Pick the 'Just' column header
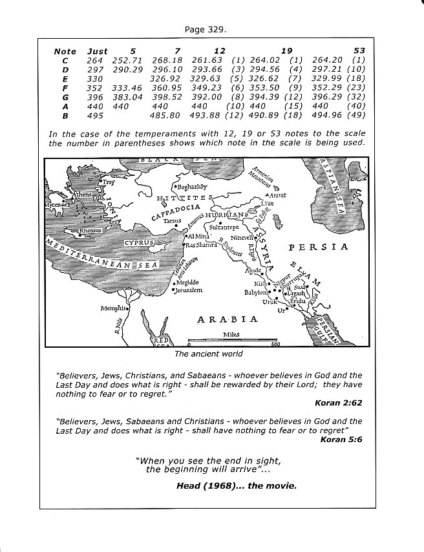[x=97, y=51]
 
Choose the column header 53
[x=360, y=51]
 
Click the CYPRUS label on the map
[x=138, y=242]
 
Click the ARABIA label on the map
[x=228, y=319]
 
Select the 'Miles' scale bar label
[x=231, y=334]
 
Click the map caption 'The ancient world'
[x=209, y=354]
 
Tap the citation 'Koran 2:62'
[x=339, y=403]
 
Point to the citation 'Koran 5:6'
[x=342, y=438]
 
